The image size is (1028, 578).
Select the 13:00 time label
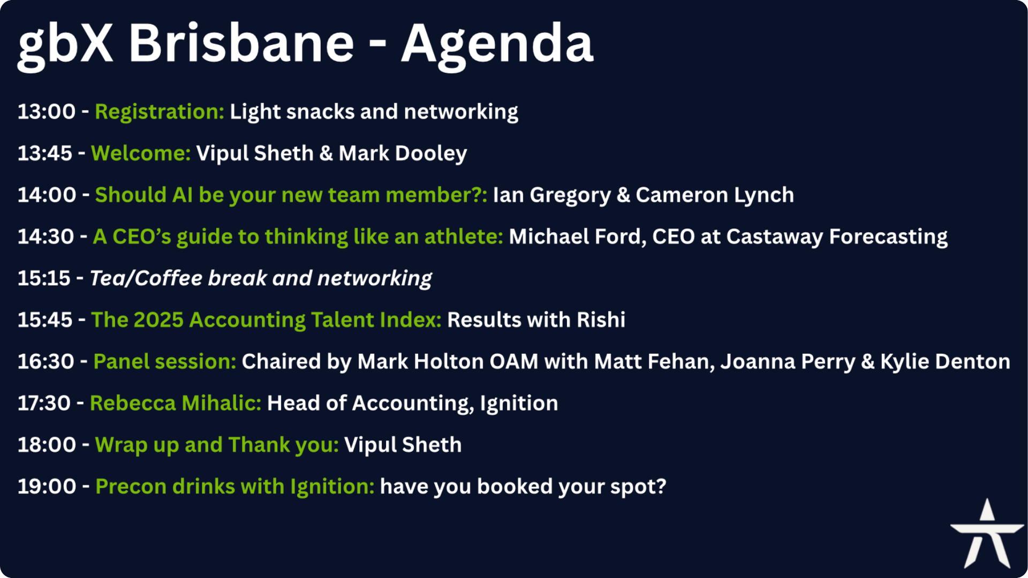47,112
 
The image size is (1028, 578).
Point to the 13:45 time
45,154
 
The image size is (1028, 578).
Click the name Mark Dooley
403,154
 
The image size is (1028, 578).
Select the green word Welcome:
141,154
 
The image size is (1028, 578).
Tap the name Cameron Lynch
715,196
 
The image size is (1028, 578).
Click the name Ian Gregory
552,196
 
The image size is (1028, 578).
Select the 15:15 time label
44,278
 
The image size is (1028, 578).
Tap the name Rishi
601,320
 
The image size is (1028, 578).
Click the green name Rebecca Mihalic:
176,404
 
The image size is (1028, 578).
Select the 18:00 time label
47,445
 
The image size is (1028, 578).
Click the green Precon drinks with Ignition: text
235,487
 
